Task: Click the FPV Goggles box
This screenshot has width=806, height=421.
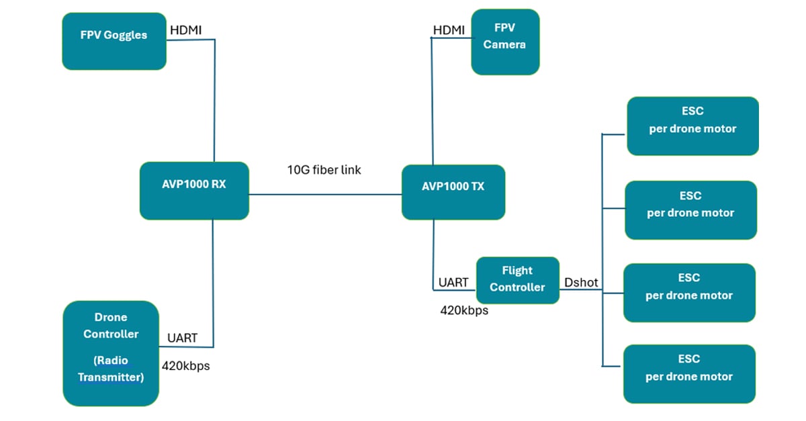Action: (114, 41)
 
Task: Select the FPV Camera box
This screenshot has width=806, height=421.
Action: (505, 42)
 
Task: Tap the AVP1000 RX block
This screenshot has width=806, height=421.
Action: (194, 191)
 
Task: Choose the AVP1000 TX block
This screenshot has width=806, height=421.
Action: (453, 193)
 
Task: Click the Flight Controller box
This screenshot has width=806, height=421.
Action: (517, 279)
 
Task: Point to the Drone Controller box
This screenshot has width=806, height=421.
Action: (111, 353)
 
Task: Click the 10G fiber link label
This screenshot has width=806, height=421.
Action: (324, 170)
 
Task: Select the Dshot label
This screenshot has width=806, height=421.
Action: (581, 283)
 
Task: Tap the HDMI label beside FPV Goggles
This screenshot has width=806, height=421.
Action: (185, 30)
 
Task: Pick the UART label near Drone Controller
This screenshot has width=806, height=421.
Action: (182, 338)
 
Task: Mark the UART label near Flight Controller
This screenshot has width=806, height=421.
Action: (453, 283)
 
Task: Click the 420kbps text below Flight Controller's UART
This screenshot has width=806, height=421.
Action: (464, 310)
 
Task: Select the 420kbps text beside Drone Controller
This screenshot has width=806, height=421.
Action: (185, 366)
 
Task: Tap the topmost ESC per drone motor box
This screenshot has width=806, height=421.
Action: (692, 126)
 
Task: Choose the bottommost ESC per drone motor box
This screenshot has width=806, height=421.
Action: (689, 373)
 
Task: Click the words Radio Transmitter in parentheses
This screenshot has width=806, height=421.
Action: (111, 369)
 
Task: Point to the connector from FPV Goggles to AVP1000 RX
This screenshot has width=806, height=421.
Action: (214, 101)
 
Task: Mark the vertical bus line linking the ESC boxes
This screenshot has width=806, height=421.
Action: (602, 248)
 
